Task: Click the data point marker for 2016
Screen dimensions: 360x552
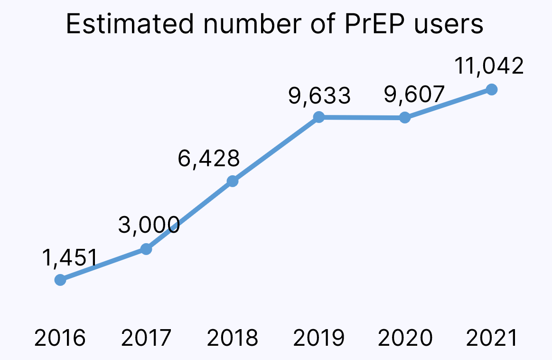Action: [60, 280]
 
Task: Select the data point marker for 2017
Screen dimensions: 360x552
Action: [146, 249]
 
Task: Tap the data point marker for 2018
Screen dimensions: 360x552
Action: [232, 181]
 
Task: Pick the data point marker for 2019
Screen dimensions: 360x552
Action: [319, 117]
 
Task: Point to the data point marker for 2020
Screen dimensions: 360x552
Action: [404, 117]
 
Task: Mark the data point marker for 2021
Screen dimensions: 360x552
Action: [492, 89]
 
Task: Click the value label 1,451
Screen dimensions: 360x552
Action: [69, 258]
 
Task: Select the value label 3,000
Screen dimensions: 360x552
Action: [149, 225]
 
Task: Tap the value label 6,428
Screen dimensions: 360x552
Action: [208, 158]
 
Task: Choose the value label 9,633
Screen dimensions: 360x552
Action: [319, 95]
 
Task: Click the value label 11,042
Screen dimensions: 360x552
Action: [489, 66]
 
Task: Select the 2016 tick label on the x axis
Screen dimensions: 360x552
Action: [60, 339]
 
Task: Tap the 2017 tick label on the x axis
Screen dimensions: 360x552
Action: [146, 339]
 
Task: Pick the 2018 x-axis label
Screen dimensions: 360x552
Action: [233, 339]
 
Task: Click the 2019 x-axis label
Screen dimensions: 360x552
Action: [319, 339]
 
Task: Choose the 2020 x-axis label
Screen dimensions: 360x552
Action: [405, 339]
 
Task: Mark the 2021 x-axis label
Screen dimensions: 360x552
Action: [491, 339]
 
